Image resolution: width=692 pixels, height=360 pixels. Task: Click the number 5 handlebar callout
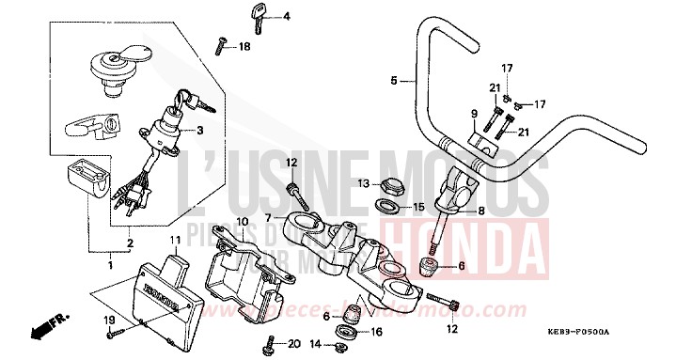[395, 81]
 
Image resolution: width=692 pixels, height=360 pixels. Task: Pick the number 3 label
[199, 131]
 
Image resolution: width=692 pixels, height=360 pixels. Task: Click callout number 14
[316, 347]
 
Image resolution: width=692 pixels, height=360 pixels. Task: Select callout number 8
[480, 211]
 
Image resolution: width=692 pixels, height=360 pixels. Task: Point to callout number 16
[376, 331]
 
